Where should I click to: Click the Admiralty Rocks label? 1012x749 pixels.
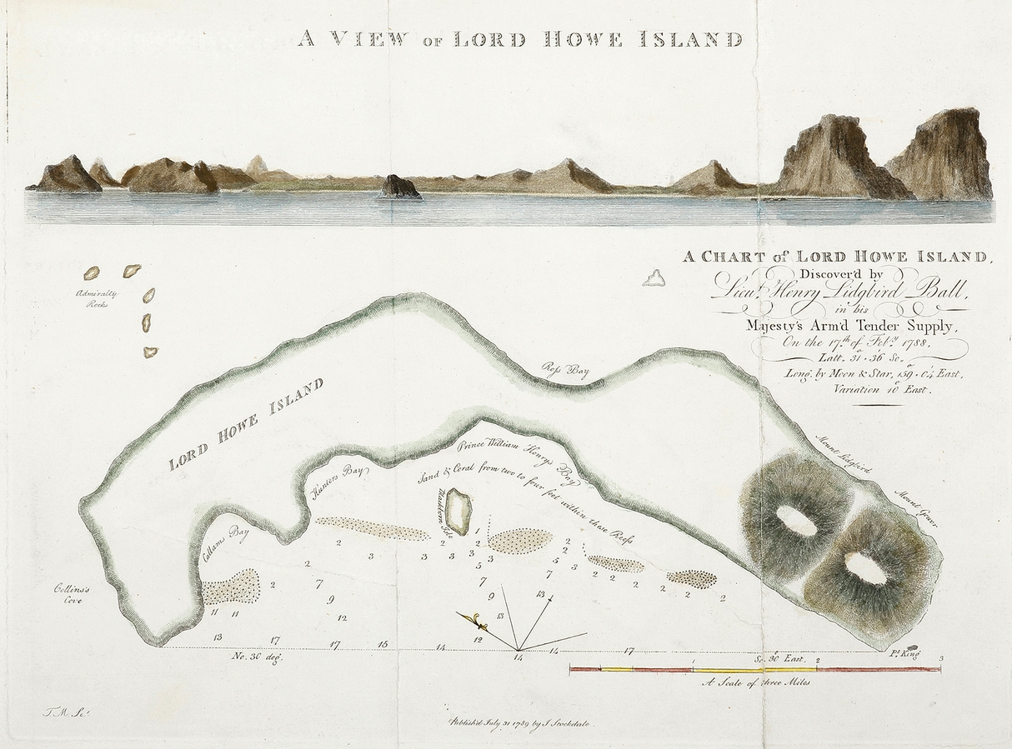(x=97, y=298)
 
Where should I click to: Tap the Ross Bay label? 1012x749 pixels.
(x=566, y=372)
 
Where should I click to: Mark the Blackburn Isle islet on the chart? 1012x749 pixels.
(x=458, y=507)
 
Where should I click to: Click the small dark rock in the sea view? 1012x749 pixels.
(x=400, y=187)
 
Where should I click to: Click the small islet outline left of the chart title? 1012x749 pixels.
(x=654, y=277)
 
